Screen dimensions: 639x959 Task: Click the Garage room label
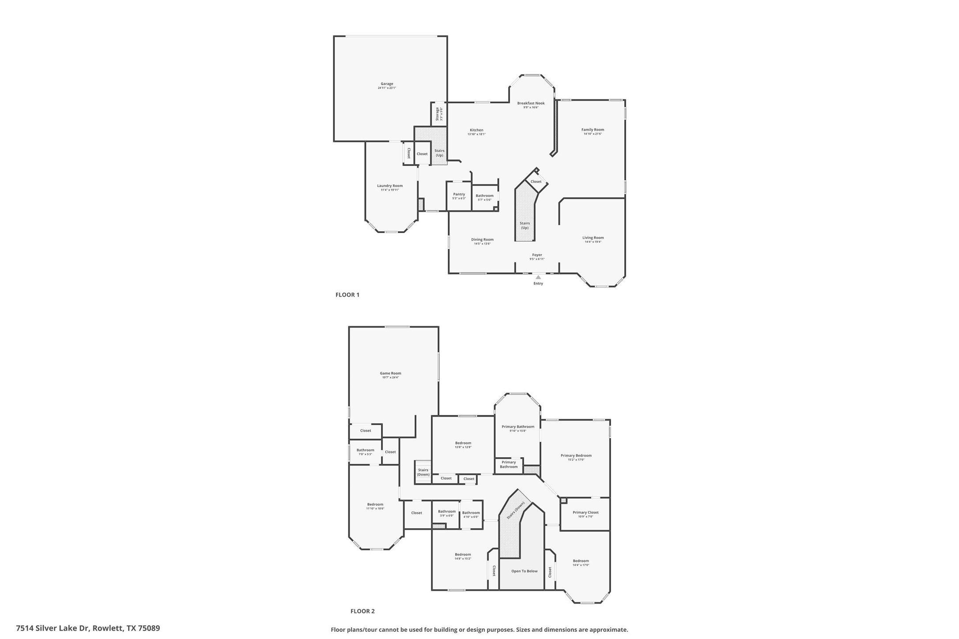tap(387, 84)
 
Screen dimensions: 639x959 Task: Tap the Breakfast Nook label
tap(531, 103)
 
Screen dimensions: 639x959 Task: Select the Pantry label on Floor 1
tap(459, 194)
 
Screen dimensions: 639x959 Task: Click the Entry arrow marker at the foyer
tap(538, 277)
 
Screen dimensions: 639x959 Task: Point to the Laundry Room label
tap(389, 186)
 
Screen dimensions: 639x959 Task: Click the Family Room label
tap(593, 130)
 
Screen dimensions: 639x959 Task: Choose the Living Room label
tap(593, 238)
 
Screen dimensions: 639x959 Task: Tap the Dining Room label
tap(482, 240)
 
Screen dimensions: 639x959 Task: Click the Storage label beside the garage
tap(438, 114)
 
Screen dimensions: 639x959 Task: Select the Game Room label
tap(390, 373)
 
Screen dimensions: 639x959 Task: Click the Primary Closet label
tap(585, 512)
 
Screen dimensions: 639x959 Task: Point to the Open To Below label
tap(524, 571)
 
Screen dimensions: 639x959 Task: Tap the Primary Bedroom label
tap(576, 455)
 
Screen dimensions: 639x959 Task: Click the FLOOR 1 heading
tap(347, 295)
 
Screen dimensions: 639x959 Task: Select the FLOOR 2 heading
tap(362, 611)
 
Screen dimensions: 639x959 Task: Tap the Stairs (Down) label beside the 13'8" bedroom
tap(423, 472)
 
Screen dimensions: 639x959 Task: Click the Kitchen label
tap(476, 130)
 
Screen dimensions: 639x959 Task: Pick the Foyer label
tap(537, 255)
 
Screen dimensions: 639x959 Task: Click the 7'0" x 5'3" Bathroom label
tap(365, 450)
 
